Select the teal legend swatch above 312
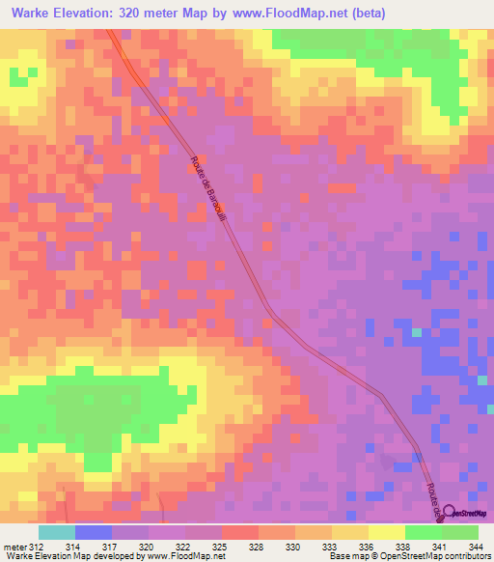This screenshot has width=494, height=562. pyautogui.click(x=57, y=532)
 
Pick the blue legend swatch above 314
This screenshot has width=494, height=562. pyautogui.click(x=94, y=532)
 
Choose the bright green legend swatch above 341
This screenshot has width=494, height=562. pyautogui.click(x=424, y=532)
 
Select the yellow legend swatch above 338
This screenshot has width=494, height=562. pyautogui.click(x=387, y=532)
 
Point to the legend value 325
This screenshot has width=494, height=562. pyautogui.click(x=220, y=547)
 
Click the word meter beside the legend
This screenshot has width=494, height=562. pyautogui.click(x=15, y=547)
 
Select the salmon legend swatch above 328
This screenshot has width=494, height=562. pyautogui.click(x=240, y=532)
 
